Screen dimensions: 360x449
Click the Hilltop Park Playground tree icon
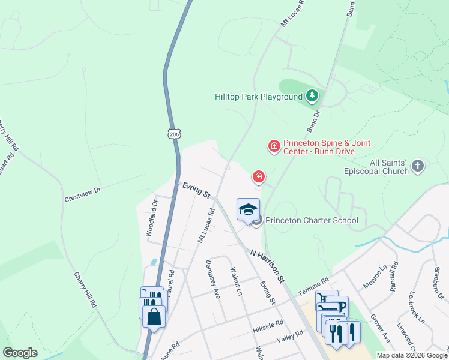[x=312, y=95]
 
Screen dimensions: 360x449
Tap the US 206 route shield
[x=174, y=134]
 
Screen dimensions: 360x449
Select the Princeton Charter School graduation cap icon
[x=249, y=209]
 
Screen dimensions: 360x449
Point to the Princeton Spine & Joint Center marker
[x=274, y=146]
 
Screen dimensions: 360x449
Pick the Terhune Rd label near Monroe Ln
[x=316, y=281]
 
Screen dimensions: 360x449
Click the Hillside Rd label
[x=268, y=325]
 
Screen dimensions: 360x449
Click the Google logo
[x=20, y=353]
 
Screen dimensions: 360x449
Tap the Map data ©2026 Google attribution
[x=412, y=355]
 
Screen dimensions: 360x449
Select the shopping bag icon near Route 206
[x=154, y=316]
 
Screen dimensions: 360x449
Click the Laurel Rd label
[x=172, y=280]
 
